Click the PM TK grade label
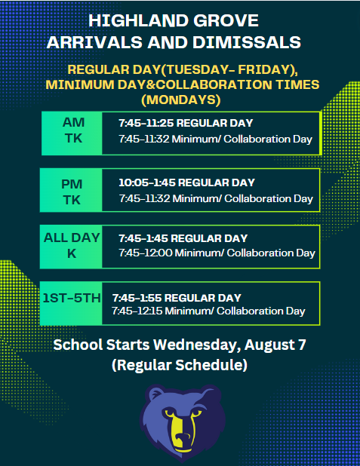[72, 192]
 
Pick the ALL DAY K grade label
[72, 246]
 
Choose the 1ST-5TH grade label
[71, 299]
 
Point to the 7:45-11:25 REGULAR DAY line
[185, 123]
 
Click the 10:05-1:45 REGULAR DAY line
[186, 182]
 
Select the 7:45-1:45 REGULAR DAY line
[183, 238]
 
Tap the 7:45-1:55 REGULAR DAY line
[176, 297]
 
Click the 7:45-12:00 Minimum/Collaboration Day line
[217, 253]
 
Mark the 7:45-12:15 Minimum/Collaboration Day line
[208, 311]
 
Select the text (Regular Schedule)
[180, 366]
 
